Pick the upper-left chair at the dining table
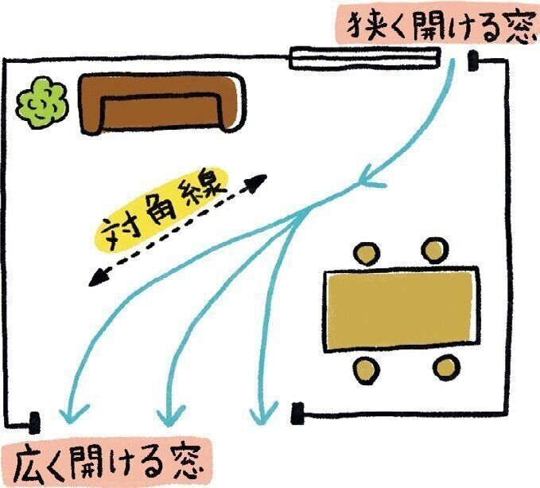366,253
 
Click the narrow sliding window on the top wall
365,57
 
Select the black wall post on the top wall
473,60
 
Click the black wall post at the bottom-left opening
35,419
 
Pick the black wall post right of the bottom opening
298,412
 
